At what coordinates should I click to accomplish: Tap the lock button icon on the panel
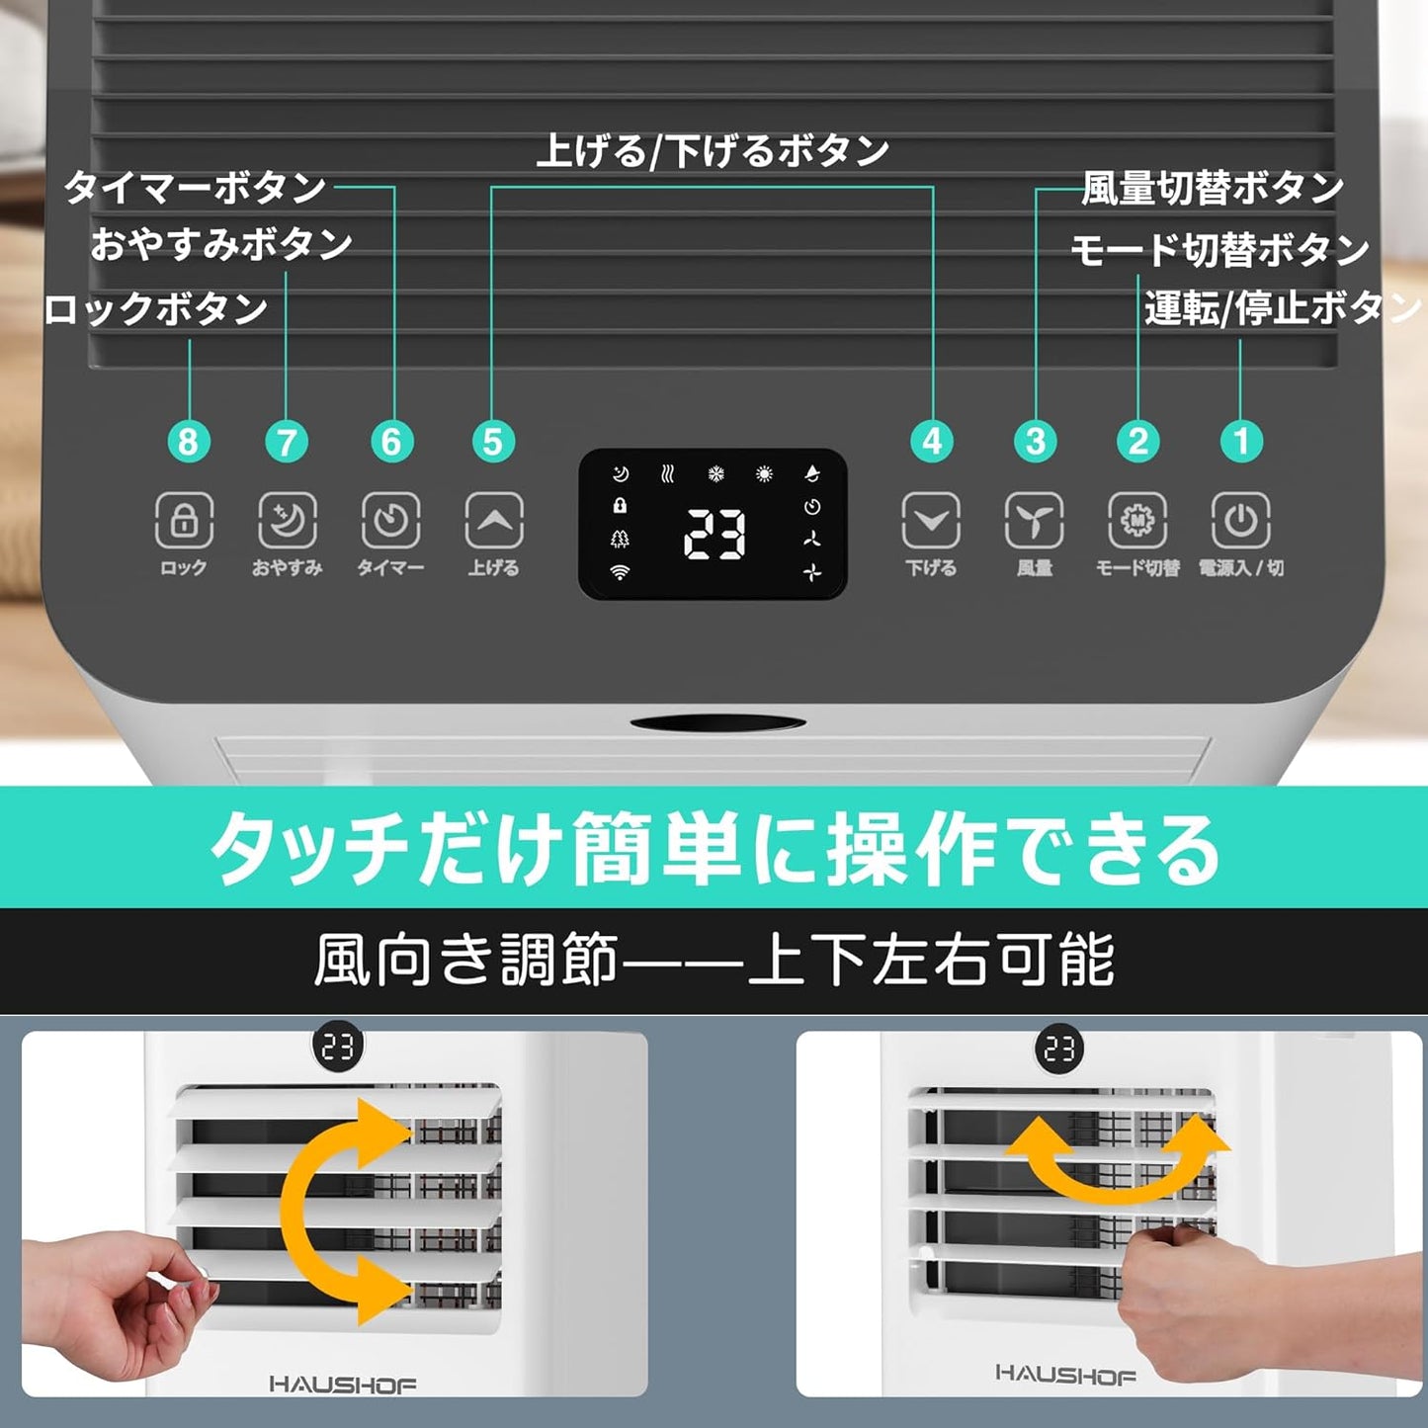coord(184,520)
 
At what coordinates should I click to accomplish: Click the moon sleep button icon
coord(287,520)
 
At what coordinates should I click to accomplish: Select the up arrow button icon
coord(493,520)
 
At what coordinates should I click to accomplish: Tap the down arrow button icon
coord(931,520)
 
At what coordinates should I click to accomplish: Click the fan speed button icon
coord(1034,520)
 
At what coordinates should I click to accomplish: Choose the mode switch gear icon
coord(1137,520)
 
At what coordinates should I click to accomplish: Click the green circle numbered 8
coord(188,442)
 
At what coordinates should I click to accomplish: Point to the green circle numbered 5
coord(493,442)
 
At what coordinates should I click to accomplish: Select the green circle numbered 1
coord(1241,442)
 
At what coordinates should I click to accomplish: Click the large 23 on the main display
coord(714,535)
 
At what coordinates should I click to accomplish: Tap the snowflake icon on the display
coord(715,473)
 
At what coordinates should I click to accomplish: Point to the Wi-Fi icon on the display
coord(620,572)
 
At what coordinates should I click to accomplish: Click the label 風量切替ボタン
coord(1214,188)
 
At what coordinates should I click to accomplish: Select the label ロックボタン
coord(155,308)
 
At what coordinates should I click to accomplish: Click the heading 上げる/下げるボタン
coord(713,151)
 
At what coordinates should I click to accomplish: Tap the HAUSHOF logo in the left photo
coord(342,1385)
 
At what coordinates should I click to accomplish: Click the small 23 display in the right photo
coord(1059,1049)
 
